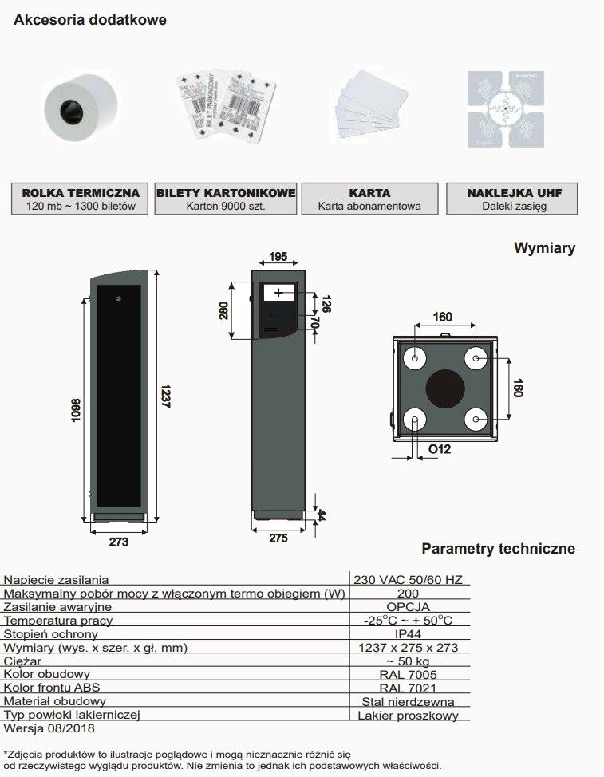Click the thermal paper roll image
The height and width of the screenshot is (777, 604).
pos(81,108)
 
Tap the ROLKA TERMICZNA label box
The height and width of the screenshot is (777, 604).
pos(80,199)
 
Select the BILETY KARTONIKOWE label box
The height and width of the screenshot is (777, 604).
pos(226,199)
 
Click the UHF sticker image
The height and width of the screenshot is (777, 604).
pos(505,109)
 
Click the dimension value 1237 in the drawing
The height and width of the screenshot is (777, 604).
pos(165,396)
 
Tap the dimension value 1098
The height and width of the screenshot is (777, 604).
pos(76,410)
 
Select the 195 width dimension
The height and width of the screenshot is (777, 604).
pos(278,256)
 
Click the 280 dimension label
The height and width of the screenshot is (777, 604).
pos(223,310)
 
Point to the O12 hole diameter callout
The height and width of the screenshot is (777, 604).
pos(440,449)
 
